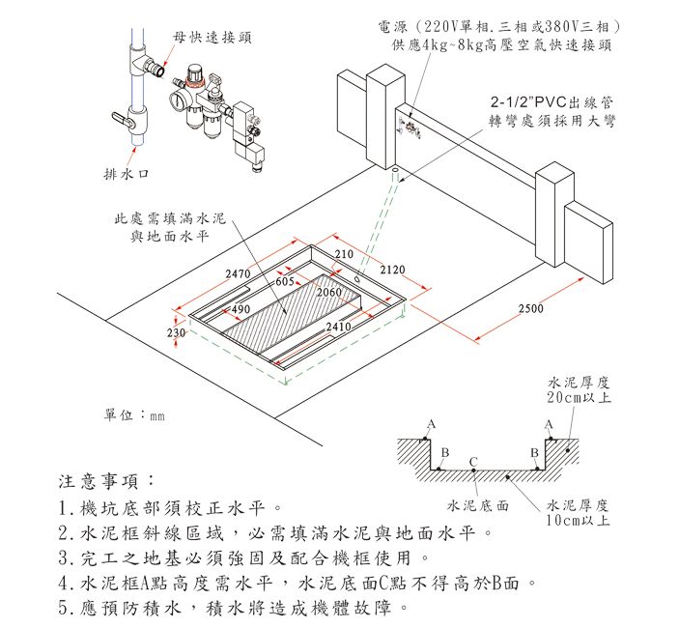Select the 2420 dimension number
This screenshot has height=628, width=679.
392,270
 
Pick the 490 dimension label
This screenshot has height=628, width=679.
241,308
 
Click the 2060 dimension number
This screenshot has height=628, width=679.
330,292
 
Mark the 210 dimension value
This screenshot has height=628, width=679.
344,253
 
